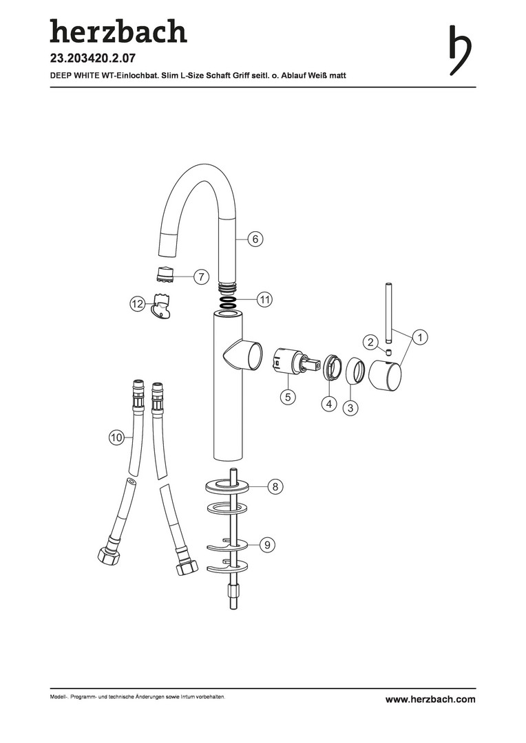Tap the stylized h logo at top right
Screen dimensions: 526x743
pos(460,50)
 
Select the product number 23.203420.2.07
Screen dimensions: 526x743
pos(93,58)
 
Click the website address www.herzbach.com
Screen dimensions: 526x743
pos(430,700)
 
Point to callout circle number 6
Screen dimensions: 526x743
pos(255,239)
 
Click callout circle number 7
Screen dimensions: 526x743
pos(201,277)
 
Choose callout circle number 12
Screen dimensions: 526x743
pos(137,304)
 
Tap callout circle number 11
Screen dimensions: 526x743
pos(264,299)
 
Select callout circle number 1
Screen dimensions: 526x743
pos(420,337)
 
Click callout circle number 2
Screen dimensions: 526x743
pos(371,342)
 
